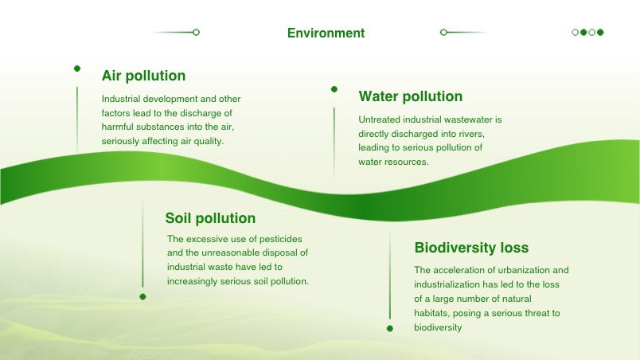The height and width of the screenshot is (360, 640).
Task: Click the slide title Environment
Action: click(326, 33)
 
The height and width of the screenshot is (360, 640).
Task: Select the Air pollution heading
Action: click(143, 76)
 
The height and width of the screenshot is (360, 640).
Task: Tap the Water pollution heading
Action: click(410, 96)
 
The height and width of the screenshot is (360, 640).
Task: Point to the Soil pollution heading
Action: click(210, 218)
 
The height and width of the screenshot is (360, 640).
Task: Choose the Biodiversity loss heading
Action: click(471, 248)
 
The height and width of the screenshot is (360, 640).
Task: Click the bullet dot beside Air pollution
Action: click(77, 68)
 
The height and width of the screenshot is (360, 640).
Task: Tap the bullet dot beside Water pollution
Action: click(334, 89)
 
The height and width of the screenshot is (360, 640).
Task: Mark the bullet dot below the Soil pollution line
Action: click(142, 297)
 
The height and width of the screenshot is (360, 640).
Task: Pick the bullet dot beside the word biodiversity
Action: click(390, 329)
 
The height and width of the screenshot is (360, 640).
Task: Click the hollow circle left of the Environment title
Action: click(197, 32)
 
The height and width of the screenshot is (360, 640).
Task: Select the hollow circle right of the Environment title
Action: click(443, 32)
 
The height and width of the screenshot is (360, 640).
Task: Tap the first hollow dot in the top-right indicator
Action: click(575, 32)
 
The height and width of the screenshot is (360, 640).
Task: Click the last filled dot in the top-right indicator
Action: click(600, 32)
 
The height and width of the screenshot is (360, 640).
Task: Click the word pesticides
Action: click(281, 239)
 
